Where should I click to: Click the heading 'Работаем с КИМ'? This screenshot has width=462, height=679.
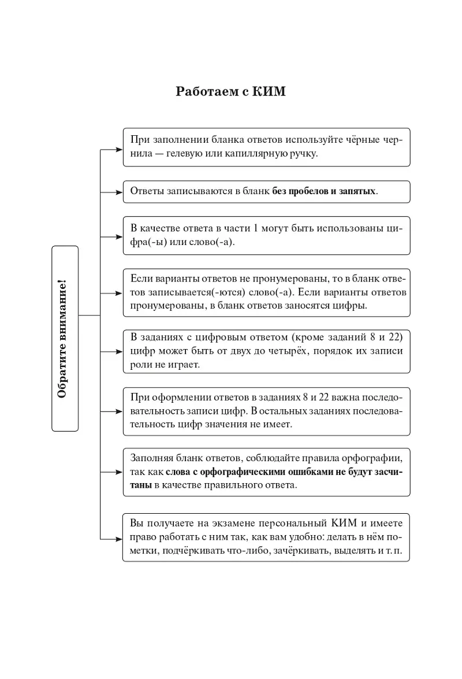[230, 92]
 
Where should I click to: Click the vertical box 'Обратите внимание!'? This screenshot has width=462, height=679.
[65, 338]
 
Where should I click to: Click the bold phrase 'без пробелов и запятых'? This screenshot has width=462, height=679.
[324, 191]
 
